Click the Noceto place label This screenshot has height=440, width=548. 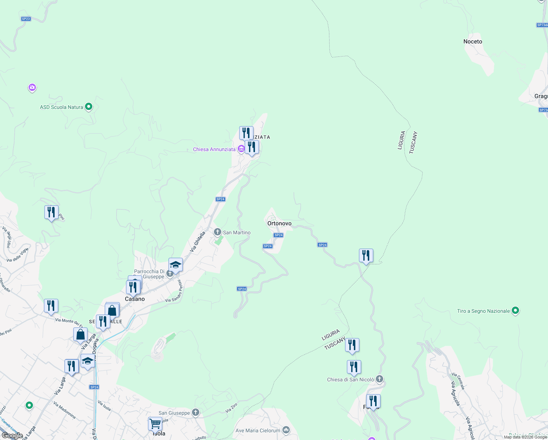(473, 41)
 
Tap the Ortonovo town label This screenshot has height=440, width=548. (279, 223)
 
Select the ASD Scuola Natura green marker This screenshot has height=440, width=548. (89, 107)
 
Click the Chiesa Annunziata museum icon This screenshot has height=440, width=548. (241, 149)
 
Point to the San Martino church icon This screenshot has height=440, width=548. (217, 232)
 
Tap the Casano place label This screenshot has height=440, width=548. (135, 299)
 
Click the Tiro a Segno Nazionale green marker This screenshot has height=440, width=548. (515, 311)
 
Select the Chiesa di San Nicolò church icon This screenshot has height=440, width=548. (379, 379)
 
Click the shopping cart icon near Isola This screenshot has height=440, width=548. (155, 423)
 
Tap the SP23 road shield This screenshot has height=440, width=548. (26, 19)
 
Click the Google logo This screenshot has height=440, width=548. (12, 435)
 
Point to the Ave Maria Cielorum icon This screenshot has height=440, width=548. (286, 430)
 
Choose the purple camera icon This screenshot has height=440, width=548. (32, 87)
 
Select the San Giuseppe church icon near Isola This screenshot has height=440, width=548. (196, 412)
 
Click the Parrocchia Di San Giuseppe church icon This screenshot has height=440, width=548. (170, 273)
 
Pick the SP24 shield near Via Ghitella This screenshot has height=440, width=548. (220, 199)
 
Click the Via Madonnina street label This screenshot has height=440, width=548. (64, 410)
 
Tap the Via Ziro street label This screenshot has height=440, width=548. (231, 408)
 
